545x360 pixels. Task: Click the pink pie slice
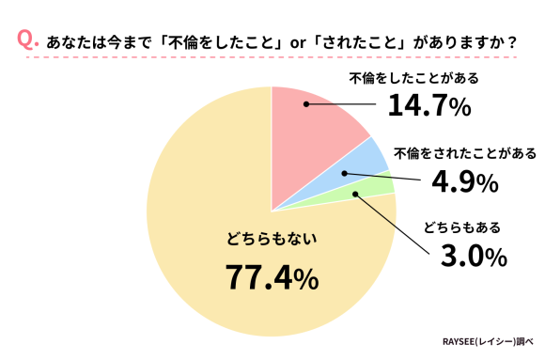319,132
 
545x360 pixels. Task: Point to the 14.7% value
428,107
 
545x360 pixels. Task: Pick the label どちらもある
461,227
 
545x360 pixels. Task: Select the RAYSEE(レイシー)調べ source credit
488,342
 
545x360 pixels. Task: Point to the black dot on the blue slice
345,173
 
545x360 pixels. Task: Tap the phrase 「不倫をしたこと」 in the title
218,42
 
